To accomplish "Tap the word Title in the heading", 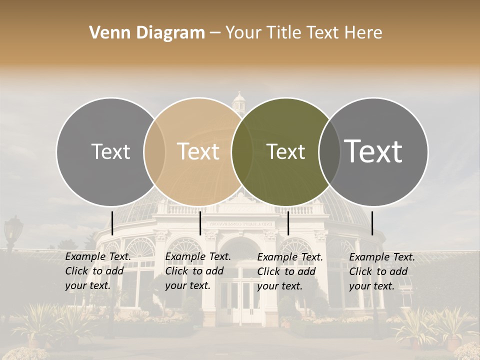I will pyautogui.click(x=283, y=33).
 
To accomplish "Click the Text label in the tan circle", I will pyautogui.click(x=198, y=151).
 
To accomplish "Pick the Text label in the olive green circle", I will pyautogui.click(x=286, y=151).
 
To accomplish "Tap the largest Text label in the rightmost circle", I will pyautogui.click(x=373, y=151).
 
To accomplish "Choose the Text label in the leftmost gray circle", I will pyautogui.click(x=111, y=151).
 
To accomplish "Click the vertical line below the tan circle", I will pyautogui.click(x=200, y=223).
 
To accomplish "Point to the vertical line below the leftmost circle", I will pyautogui.click(x=112, y=223).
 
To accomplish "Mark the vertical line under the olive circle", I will pyautogui.click(x=288, y=223).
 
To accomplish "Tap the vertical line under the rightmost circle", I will pyautogui.click(x=372, y=223).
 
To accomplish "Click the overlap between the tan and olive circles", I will pyautogui.click(x=242, y=151).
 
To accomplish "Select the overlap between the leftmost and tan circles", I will pyautogui.click(x=154, y=151).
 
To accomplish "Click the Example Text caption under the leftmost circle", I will pyautogui.click(x=97, y=271).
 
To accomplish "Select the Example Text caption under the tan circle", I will pyautogui.click(x=197, y=271).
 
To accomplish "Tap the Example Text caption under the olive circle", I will pyautogui.click(x=289, y=271).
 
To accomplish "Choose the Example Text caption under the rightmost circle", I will pyautogui.click(x=381, y=271).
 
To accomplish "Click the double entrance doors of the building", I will pyautogui.click(x=240, y=302).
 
